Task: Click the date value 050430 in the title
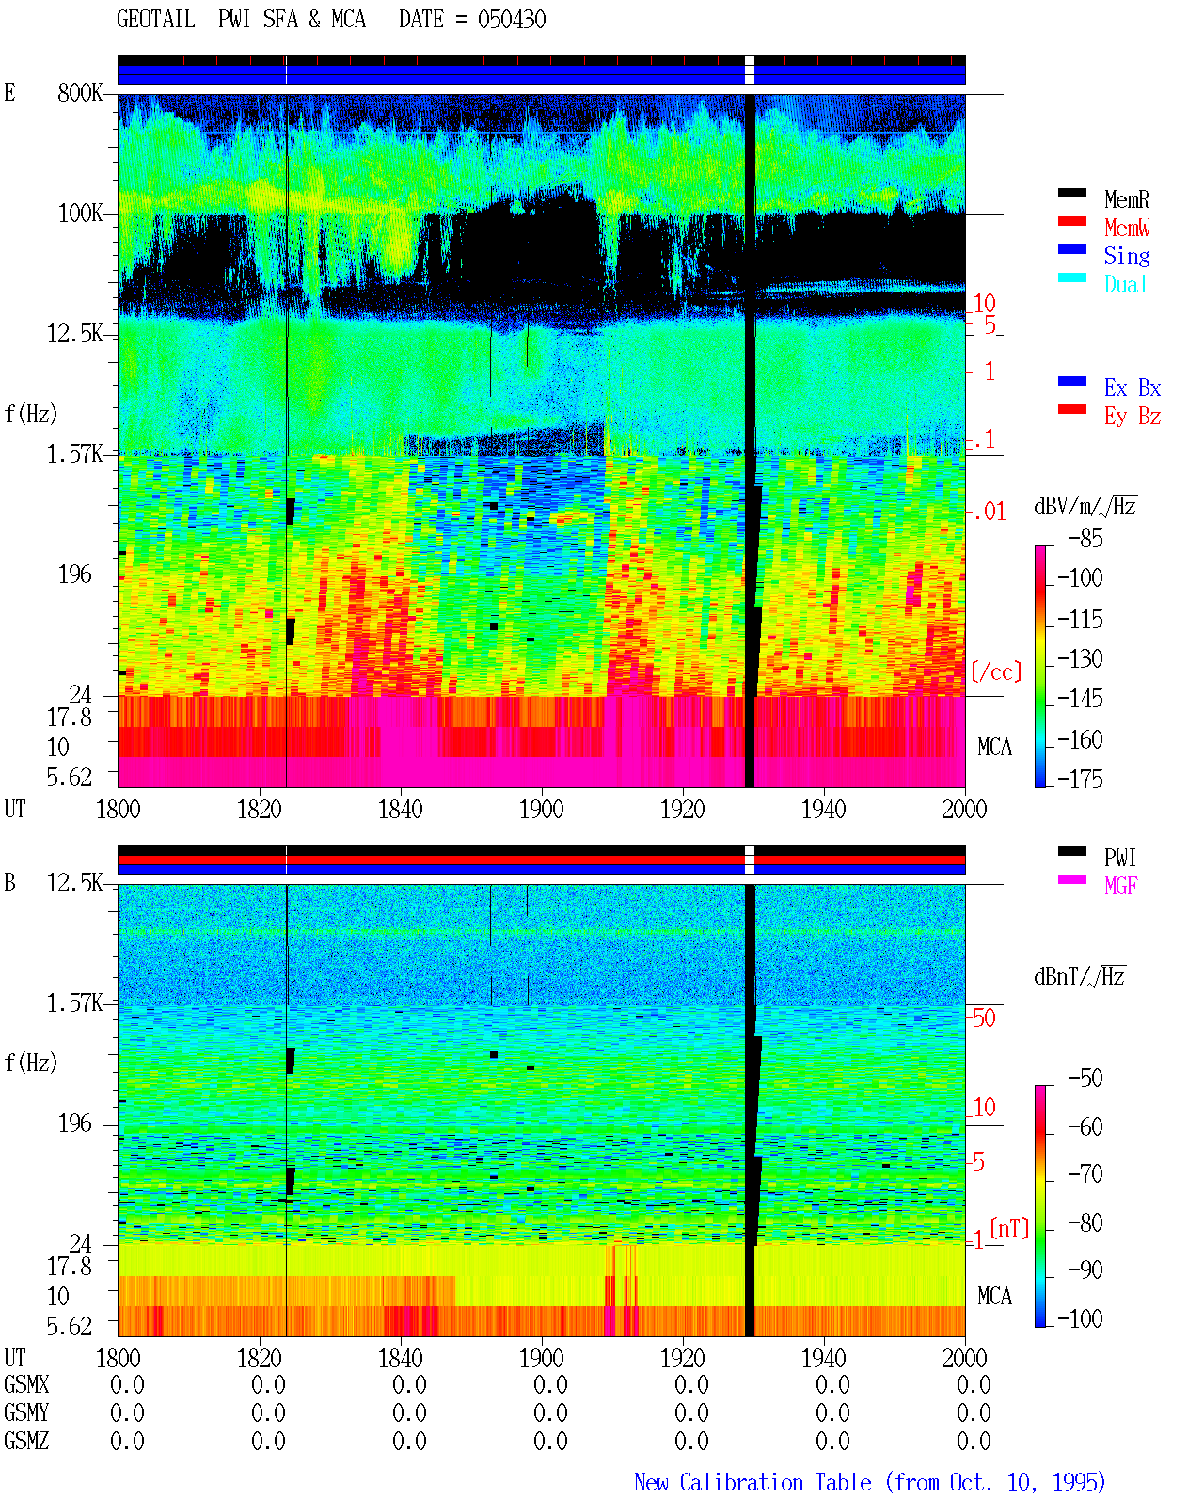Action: (x=511, y=20)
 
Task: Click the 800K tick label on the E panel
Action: (x=80, y=92)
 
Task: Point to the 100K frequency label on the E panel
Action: (x=80, y=213)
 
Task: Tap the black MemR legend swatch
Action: (x=1071, y=193)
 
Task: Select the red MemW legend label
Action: (x=1127, y=228)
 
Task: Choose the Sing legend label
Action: (x=1127, y=256)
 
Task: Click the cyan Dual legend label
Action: (x=1126, y=284)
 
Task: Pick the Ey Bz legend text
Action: (x=1133, y=417)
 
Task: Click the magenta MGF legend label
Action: (x=1121, y=886)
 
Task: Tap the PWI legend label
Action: (x=1120, y=857)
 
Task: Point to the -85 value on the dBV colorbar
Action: (x=1085, y=538)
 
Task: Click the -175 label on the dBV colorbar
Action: (x=1080, y=779)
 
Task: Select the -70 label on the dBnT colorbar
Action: (x=1085, y=1175)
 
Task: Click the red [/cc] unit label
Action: (x=996, y=671)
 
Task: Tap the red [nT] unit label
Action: (x=1009, y=1229)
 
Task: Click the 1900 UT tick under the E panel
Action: (x=541, y=810)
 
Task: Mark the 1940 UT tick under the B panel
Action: (x=824, y=1358)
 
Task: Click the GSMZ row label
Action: (x=26, y=1441)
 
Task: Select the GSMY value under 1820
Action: (x=268, y=1412)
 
